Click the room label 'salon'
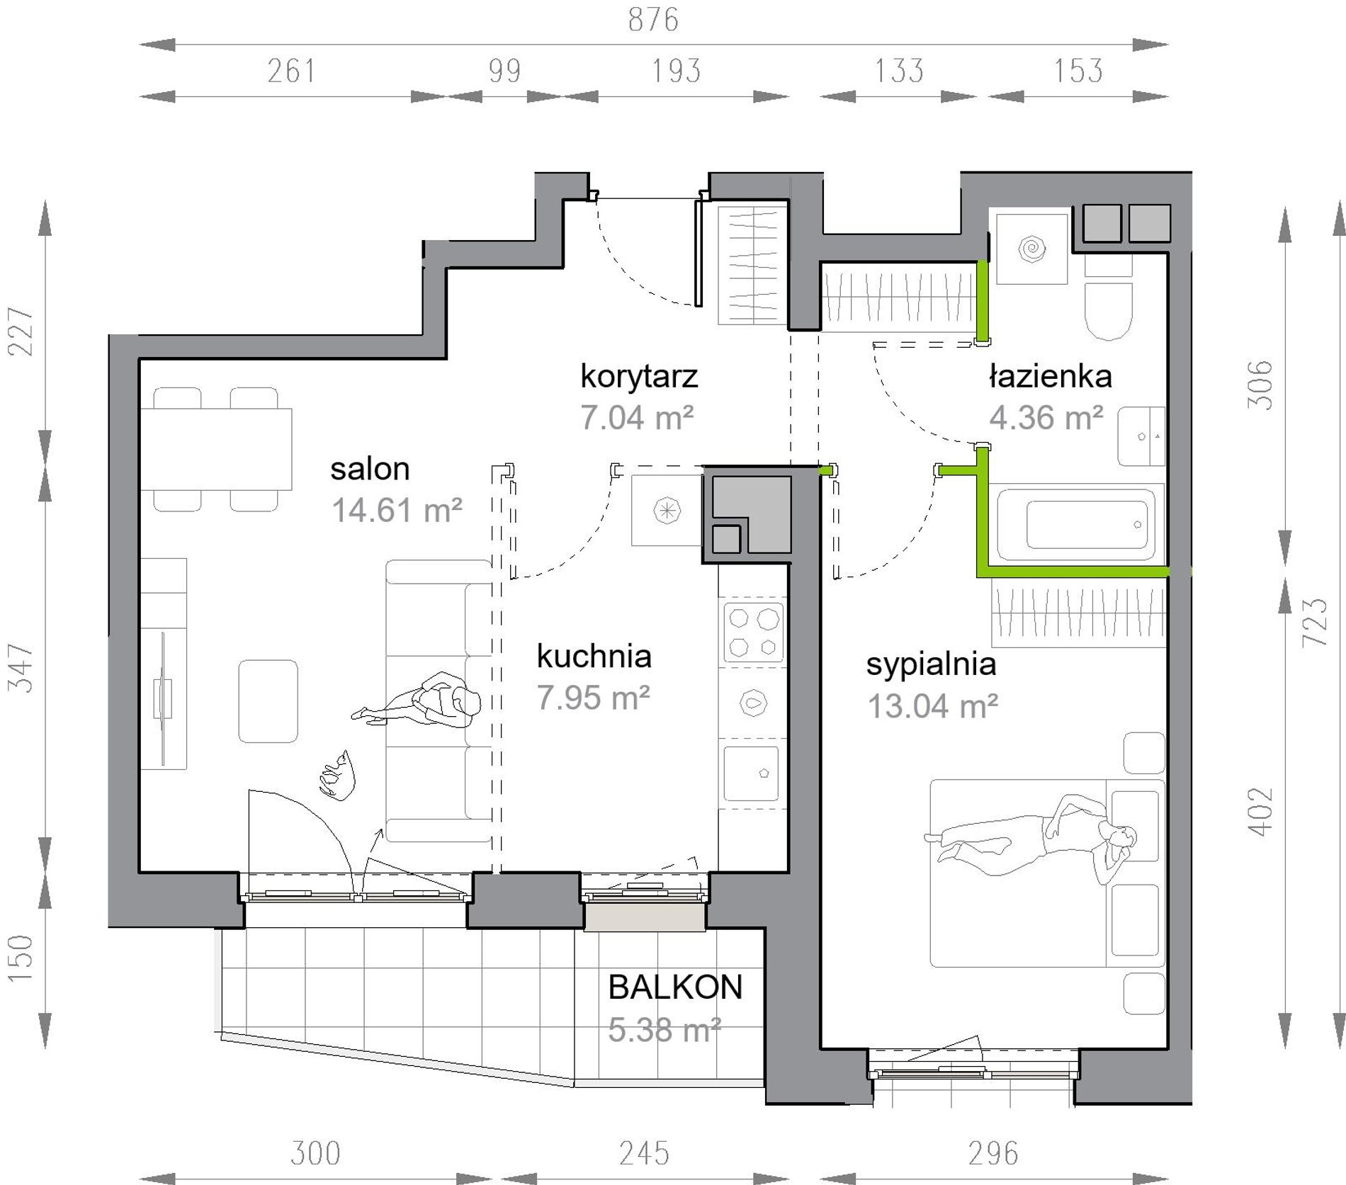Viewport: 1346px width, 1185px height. click(370, 469)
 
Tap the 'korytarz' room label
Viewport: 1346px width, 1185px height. click(639, 377)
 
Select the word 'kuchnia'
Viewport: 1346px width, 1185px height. click(594, 656)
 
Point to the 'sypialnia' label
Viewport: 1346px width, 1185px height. click(931, 664)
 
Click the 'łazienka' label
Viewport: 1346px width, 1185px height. click(1051, 376)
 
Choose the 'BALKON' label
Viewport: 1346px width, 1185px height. click(675, 987)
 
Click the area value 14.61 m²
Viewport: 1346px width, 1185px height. click(397, 510)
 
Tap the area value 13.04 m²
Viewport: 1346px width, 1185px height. click(933, 705)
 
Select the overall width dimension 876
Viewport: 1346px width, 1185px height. click(653, 20)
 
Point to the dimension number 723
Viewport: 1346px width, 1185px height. click(1315, 622)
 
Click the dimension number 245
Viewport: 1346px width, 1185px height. click(644, 1153)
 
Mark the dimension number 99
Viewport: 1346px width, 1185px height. click(504, 71)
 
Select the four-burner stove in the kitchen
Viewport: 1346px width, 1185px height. click(753, 631)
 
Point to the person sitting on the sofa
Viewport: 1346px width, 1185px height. click(417, 701)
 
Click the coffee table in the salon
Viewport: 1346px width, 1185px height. click(268, 701)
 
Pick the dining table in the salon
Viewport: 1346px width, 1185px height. click(217, 449)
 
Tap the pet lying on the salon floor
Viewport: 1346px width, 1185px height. click(337, 776)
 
